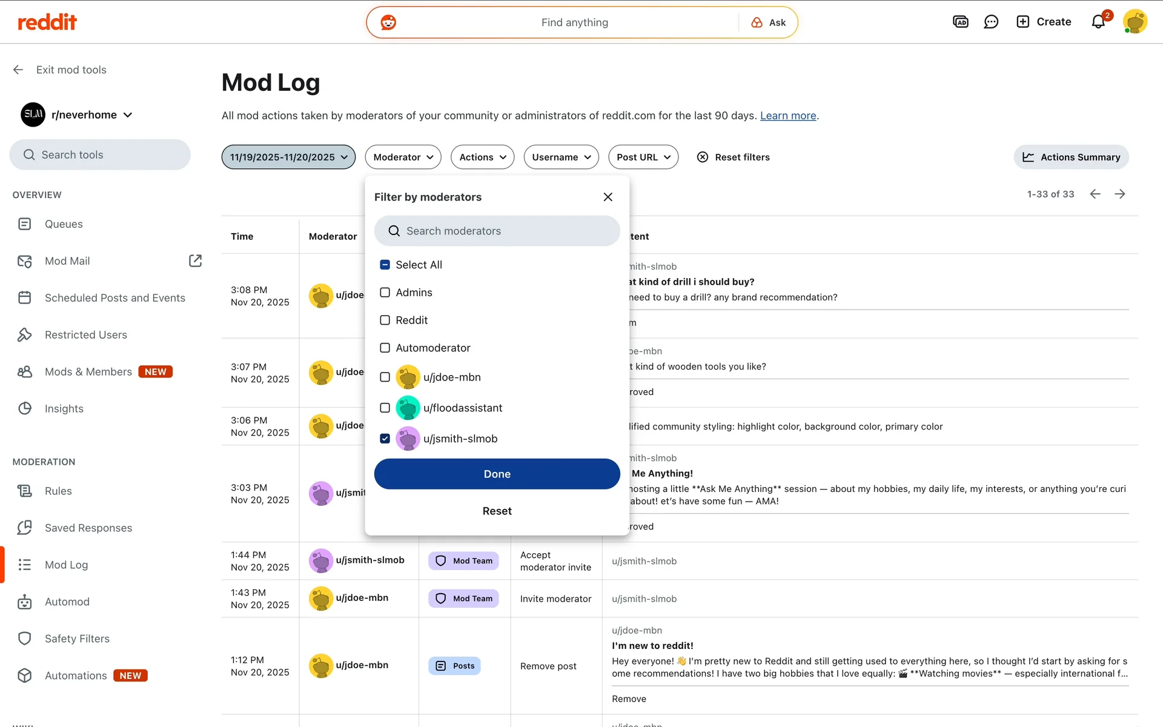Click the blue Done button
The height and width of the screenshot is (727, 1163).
click(497, 474)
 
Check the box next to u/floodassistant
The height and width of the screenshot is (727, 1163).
click(385, 408)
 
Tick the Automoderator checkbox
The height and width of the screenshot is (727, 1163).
click(385, 348)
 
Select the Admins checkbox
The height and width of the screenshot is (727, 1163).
click(385, 293)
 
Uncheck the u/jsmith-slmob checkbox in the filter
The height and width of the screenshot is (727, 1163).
click(385, 439)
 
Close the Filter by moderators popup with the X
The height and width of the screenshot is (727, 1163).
click(608, 197)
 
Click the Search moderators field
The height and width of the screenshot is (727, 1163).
click(497, 231)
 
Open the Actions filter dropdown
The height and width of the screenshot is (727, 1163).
click(482, 157)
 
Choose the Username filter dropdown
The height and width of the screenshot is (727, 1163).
click(561, 157)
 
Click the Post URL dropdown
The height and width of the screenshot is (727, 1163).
click(643, 157)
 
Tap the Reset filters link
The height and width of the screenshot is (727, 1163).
click(734, 157)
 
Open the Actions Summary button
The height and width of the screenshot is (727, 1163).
click(1071, 157)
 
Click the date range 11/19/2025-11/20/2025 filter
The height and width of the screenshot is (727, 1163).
click(288, 157)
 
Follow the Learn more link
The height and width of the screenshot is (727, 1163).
click(788, 116)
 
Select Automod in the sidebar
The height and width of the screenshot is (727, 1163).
click(67, 602)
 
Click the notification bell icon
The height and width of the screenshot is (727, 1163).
click(1098, 22)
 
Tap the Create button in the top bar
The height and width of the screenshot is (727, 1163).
click(1044, 22)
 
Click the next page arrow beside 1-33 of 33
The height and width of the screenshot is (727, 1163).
click(1120, 194)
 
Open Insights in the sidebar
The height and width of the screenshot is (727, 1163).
click(64, 409)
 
